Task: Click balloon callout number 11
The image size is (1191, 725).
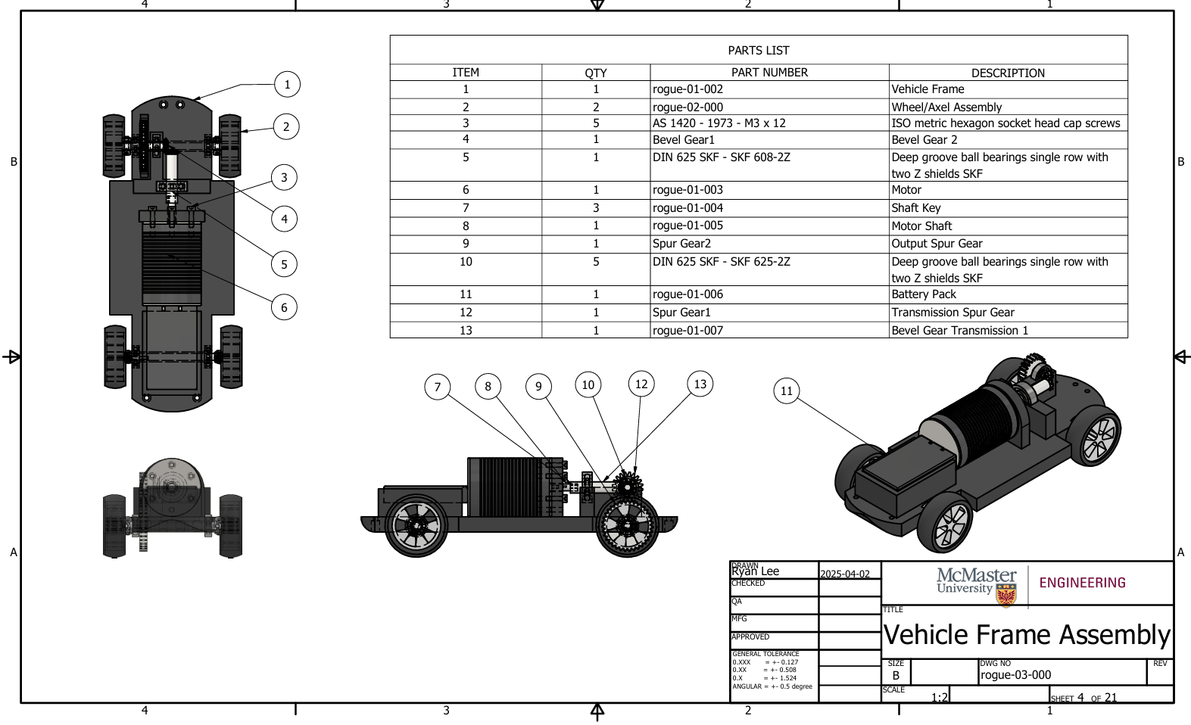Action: coord(787,391)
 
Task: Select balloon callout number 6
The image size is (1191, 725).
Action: coord(284,307)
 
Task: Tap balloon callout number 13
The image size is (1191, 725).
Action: coord(700,384)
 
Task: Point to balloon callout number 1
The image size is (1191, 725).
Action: coord(287,84)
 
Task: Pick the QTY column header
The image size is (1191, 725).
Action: coord(595,73)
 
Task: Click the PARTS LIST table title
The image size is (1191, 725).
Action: coord(758,50)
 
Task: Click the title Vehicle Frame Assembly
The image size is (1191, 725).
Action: coord(1027,634)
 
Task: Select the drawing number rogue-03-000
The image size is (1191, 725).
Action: coord(1015,675)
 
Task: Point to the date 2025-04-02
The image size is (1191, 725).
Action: coord(845,574)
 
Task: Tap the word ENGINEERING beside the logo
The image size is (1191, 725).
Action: coord(1082,583)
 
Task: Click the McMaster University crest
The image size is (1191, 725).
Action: coord(1006,596)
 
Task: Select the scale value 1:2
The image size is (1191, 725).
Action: coord(939,697)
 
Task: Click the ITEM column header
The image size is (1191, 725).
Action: coord(465,73)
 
